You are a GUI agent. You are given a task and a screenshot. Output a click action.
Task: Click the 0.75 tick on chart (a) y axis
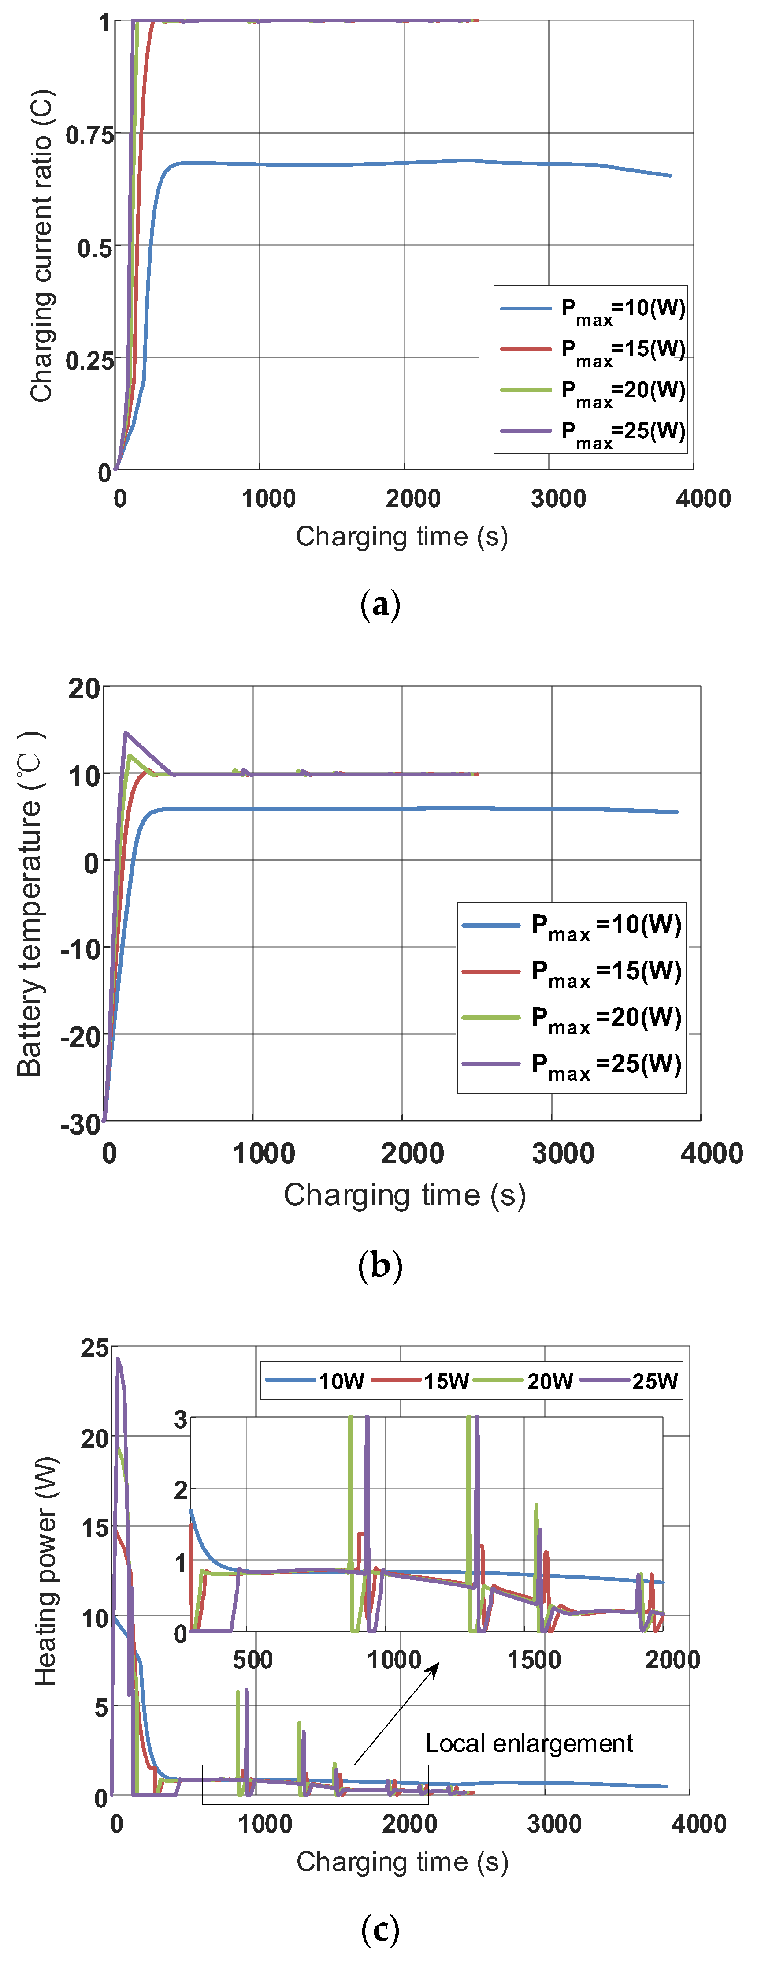tap(89, 136)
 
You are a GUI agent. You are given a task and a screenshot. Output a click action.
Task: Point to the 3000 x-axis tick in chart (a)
tap(558, 499)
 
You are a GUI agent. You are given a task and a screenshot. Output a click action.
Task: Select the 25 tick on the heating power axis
tap(95, 1348)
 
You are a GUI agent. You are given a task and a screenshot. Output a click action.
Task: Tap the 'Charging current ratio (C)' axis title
tap(42, 246)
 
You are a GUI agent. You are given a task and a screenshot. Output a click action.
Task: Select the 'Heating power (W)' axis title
tap(46, 1571)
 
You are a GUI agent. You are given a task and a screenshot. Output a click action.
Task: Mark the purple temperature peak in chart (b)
tap(126, 733)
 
